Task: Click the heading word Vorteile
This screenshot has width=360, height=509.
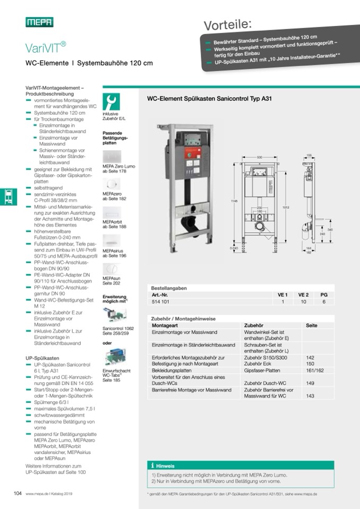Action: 228,24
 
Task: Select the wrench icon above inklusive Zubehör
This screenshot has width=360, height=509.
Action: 111,101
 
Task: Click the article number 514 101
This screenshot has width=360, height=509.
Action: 161,301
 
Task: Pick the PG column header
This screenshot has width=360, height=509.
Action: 324,295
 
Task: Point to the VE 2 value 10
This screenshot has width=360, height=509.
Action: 303,301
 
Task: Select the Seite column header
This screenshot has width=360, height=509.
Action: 312,325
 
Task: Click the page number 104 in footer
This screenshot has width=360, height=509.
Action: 18,493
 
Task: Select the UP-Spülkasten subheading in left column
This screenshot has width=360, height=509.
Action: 42,358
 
